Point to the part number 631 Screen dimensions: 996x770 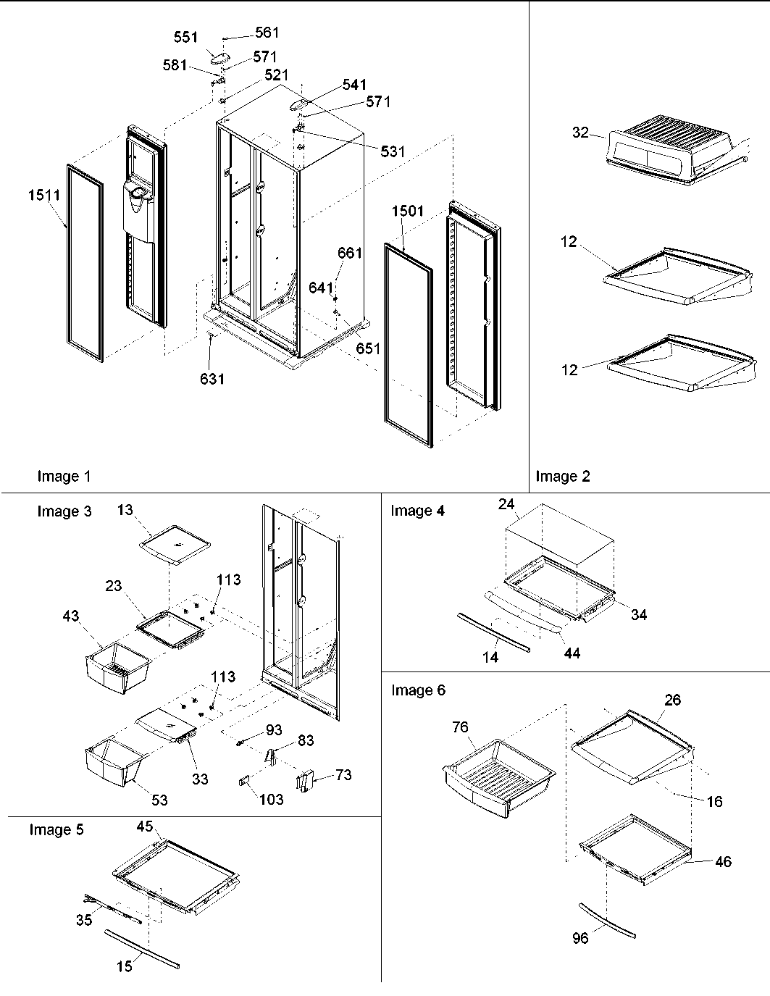(x=212, y=378)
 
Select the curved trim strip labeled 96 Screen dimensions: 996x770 (x=607, y=919)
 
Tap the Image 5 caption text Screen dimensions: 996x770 (x=57, y=829)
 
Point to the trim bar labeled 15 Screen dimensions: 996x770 (x=141, y=949)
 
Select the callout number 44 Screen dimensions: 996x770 (x=572, y=653)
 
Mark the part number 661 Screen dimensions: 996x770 (x=350, y=253)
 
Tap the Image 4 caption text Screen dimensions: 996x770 (x=418, y=511)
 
